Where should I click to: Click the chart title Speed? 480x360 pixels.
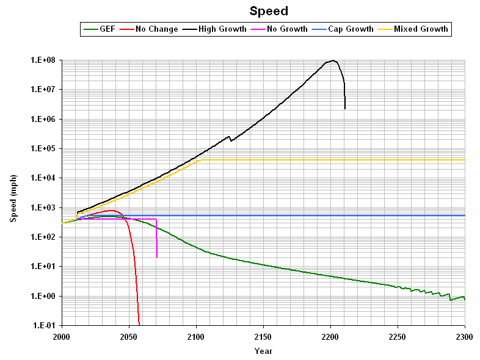[269, 11]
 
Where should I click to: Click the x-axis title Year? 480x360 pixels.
[263, 351]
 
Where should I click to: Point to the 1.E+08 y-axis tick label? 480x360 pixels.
[43, 60]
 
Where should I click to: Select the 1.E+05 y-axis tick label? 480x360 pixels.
[43, 149]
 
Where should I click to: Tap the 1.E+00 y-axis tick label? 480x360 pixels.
[43, 297]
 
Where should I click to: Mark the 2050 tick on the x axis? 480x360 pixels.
[129, 337]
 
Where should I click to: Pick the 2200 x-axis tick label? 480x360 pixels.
[330, 337]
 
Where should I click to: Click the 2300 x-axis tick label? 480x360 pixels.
[465, 337]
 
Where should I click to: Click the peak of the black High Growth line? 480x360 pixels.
[333, 60]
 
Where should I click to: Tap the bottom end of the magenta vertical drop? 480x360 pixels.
[157, 257]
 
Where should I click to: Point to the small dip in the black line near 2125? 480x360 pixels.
[230, 141]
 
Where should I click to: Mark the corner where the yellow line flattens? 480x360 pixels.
[202, 159]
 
